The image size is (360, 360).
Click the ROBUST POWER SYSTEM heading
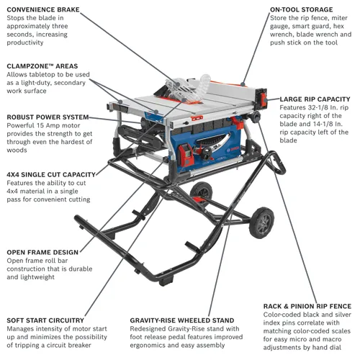[48, 117]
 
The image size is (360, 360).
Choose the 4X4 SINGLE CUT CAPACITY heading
[50, 174]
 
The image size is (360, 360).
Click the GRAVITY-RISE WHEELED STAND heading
[182, 320]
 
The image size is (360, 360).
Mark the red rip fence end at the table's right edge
[266, 96]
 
